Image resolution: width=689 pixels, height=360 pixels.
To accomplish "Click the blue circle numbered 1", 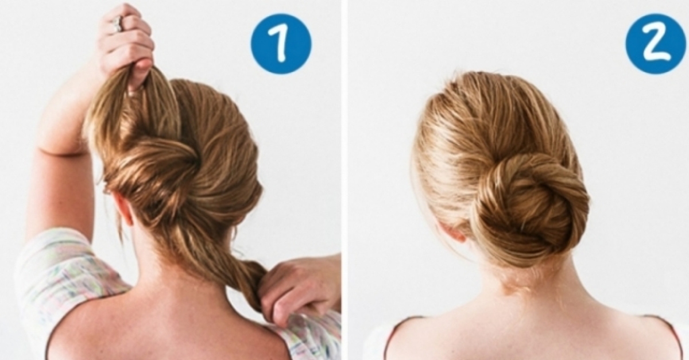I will (x=281, y=44).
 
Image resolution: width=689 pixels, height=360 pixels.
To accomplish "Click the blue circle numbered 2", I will (x=655, y=44).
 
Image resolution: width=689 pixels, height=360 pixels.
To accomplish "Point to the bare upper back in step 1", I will (x=172, y=322).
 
